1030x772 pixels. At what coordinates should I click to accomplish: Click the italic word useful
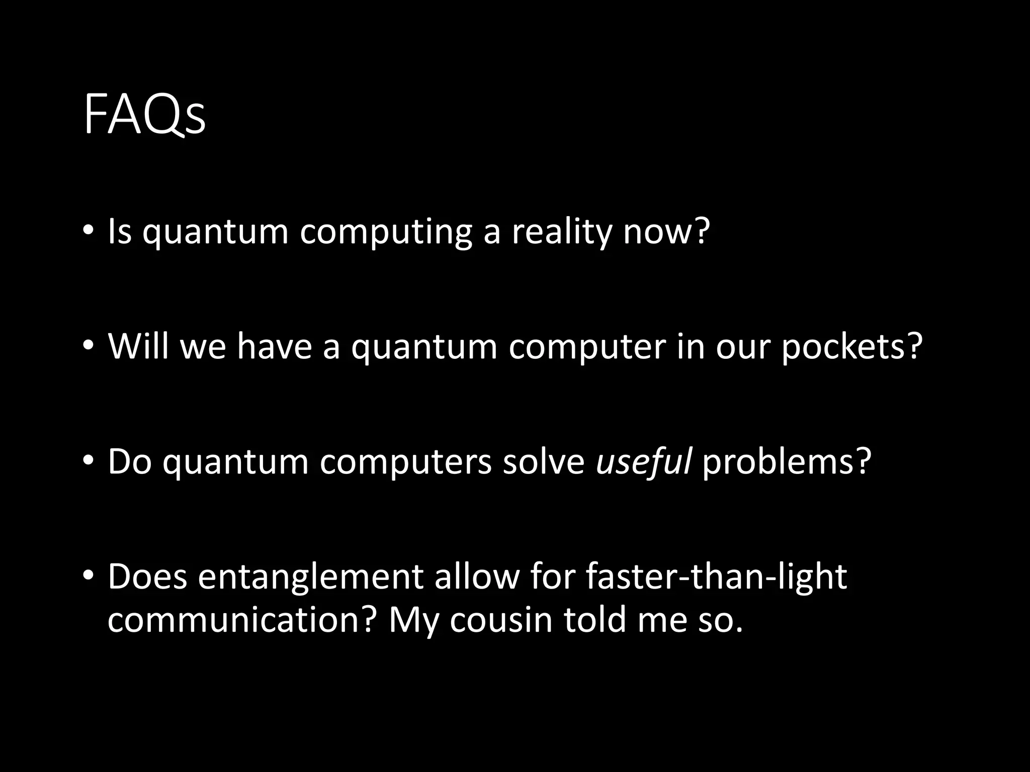click(643, 461)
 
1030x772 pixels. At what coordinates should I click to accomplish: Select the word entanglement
click(310, 577)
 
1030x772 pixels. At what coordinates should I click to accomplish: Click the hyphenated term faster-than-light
click(716, 576)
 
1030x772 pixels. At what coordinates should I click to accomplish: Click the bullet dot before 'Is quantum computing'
click(88, 230)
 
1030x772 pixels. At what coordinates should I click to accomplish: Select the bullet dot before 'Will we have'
click(88, 345)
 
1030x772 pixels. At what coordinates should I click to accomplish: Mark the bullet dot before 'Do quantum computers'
click(88, 459)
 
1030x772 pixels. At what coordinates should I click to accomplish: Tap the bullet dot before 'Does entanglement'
click(88, 574)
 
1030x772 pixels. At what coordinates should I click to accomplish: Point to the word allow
click(477, 576)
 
